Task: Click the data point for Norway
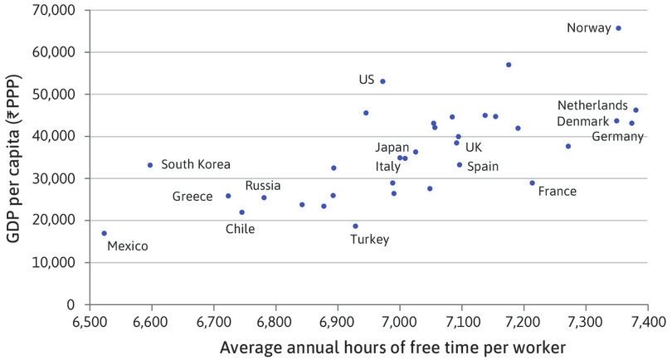point(618,28)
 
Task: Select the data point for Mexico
point(104,233)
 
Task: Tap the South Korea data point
point(150,165)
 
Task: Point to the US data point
point(382,81)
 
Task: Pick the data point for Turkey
point(355,226)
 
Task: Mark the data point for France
point(532,182)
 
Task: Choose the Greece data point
point(228,196)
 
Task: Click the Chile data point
point(241,212)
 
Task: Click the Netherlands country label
point(592,106)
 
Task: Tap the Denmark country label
point(582,122)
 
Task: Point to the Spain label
point(483,167)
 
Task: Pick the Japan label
point(392,148)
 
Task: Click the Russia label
point(262,186)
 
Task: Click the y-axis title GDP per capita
point(13,156)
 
